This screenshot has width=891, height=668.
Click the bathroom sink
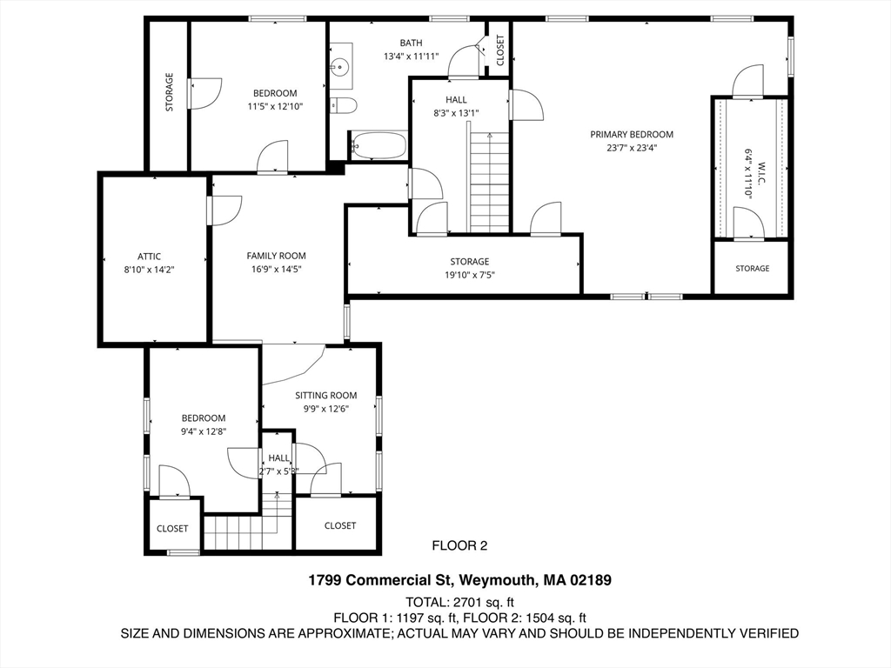click(x=340, y=66)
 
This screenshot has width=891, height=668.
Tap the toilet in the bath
click(x=343, y=105)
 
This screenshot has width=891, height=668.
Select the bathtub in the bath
click(x=379, y=145)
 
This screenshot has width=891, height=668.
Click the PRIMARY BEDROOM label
click(x=632, y=135)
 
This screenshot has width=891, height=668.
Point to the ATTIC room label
click(x=149, y=257)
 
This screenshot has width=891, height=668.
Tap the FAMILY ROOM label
click(x=276, y=257)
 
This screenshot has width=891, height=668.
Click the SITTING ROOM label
click(x=326, y=396)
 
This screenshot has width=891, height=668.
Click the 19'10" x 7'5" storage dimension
click(x=469, y=276)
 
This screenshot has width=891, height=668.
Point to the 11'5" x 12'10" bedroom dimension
click(x=275, y=107)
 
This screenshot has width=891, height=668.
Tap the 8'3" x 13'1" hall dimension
click(x=456, y=113)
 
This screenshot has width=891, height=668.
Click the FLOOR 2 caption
click(x=459, y=546)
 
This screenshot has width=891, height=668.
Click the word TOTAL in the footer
click(x=426, y=602)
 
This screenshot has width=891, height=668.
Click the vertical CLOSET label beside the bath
click(x=500, y=50)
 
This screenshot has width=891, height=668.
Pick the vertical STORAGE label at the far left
click(x=169, y=92)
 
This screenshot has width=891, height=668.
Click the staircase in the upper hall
click(x=489, y=182)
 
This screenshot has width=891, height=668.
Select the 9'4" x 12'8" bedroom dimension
click(x=204, y=431)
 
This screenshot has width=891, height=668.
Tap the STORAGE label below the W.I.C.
click(x=753, y=268)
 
